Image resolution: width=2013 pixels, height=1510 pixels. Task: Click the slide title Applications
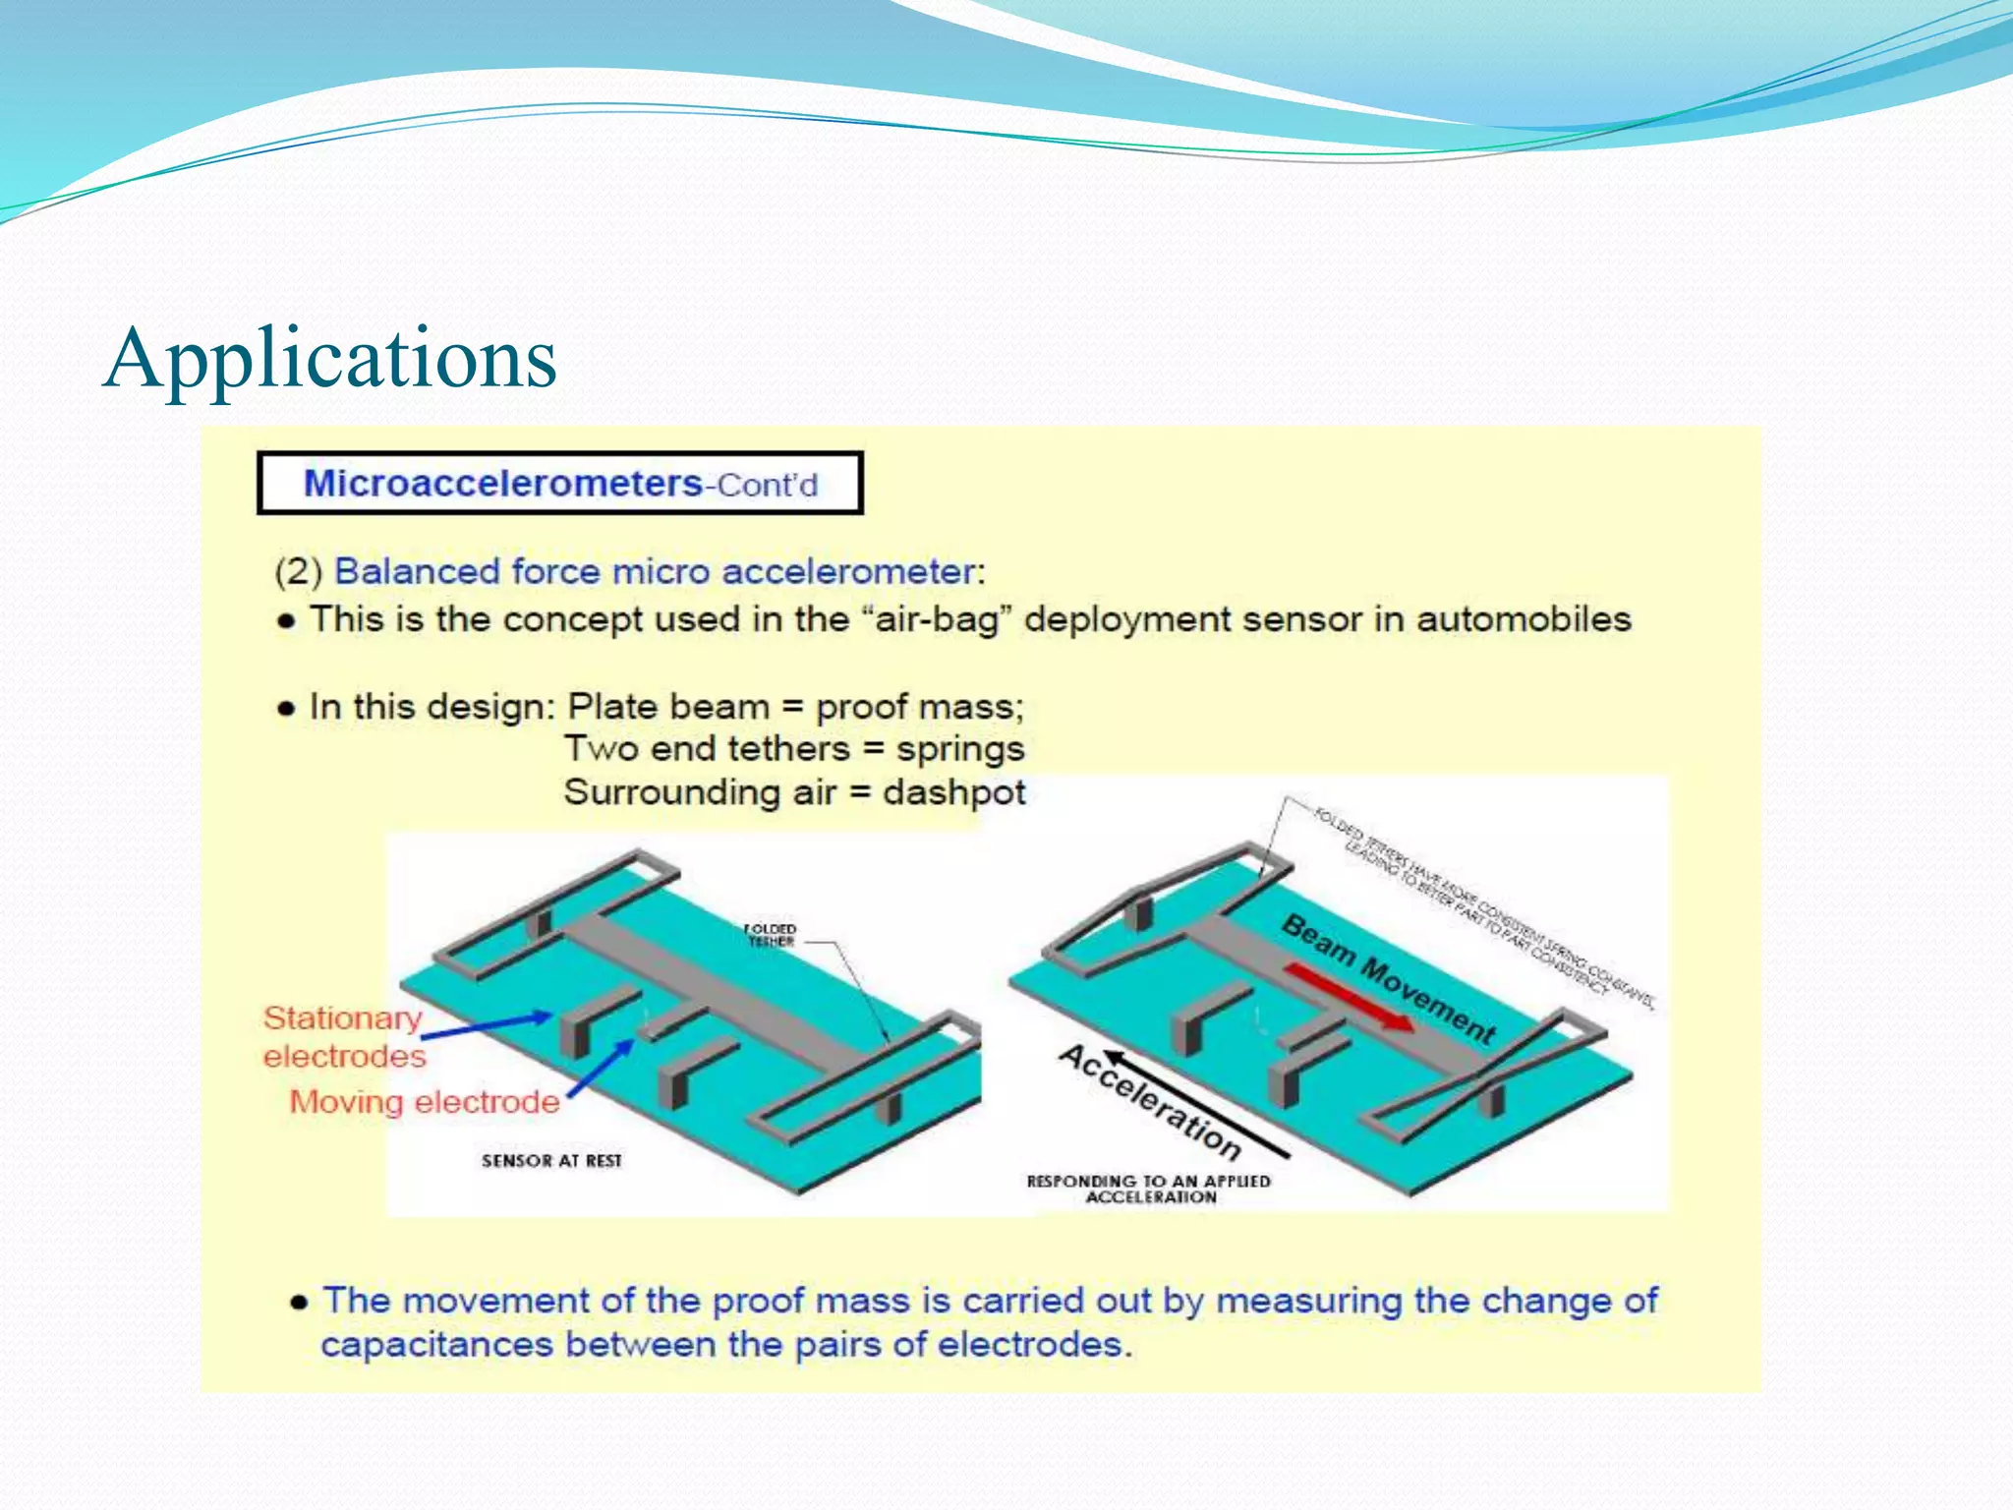click(330, 359)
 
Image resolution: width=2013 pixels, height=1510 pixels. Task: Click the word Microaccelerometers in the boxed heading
click(502, 484)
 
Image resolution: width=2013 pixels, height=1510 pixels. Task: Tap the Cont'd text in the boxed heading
click(768, 486)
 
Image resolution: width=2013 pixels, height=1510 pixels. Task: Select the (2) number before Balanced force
click(298, 572)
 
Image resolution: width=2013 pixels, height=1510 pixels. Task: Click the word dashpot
click(953, 792)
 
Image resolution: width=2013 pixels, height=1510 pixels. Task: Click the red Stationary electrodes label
click(343, 1037)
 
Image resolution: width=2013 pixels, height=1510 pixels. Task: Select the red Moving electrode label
click(424, 1102)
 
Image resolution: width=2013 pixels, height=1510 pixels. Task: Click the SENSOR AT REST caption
click(551, 1161)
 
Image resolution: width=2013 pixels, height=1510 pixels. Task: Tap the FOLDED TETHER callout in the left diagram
click(770, 935)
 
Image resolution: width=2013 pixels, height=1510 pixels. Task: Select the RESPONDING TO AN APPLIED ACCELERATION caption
click(1149, 1189)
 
